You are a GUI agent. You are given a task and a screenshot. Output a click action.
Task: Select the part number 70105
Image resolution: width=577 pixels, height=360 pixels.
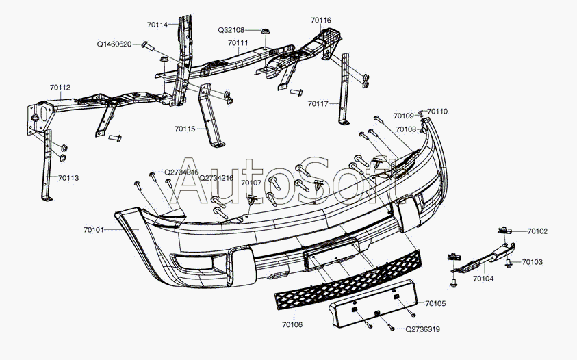point(435,303)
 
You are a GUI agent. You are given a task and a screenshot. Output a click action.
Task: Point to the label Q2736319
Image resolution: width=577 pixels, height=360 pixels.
point(422,329)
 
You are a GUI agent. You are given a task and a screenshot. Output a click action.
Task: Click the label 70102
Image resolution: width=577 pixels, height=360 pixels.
point(537,232)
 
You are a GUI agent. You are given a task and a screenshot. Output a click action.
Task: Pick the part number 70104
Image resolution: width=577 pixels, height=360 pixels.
point(483,279)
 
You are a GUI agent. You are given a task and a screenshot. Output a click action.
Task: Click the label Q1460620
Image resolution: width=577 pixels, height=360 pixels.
point(114,44)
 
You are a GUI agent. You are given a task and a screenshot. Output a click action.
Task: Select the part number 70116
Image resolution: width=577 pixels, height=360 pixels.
point(320,21)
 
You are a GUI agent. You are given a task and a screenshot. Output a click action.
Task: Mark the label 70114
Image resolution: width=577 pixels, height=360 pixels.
point(157,25)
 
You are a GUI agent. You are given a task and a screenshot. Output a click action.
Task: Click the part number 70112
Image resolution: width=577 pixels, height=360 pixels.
point(60,88)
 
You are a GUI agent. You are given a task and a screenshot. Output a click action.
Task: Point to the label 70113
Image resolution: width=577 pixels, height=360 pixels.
point(68,178)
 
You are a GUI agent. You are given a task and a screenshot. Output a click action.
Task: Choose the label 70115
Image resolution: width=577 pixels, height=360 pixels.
point(185,129)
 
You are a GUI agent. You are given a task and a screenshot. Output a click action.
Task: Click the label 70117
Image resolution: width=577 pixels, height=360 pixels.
point(318,105)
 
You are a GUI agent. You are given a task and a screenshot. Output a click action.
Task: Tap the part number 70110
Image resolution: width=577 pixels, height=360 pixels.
point(438,111)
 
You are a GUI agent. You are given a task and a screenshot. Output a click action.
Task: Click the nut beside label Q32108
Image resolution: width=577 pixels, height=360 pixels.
point(266,31)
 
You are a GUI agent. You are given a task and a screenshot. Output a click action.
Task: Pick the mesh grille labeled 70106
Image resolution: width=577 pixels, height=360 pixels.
point(349,277)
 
